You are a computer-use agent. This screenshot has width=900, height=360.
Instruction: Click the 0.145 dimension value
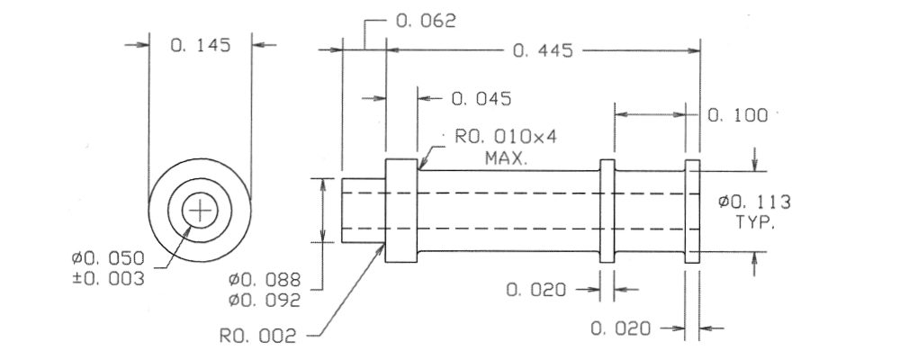(201, 45)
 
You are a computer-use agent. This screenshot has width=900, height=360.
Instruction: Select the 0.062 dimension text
(426, 22)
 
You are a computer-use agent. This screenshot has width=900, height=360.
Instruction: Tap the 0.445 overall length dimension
(543, 51)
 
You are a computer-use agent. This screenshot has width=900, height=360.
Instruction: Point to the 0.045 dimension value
(481, 99)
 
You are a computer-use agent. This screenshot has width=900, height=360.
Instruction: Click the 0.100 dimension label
(738, 115)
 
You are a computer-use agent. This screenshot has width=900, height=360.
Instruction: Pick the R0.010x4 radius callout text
(506, 137)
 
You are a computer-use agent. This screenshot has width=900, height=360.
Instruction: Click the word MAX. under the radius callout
(506, 157)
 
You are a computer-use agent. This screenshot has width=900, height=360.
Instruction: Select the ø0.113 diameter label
(755, 202)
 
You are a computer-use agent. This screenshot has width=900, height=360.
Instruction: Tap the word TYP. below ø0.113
(755, 223)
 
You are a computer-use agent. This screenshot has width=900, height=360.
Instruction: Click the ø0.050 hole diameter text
(108, 257)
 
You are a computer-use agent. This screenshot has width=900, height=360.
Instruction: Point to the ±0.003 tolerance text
(108, 279)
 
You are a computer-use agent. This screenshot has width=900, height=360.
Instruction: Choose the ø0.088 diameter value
(264, 280)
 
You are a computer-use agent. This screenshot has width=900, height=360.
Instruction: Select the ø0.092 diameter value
(264, 301)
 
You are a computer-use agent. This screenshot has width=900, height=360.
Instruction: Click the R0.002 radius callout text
(258, 336)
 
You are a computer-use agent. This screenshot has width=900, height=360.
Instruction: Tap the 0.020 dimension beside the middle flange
(536, 290)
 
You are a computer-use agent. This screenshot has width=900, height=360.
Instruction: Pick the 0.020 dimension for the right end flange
(621, 329)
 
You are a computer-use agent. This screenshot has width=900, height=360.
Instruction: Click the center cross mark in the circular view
(200, 211)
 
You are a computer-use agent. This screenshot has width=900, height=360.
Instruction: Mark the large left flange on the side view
(401, 211)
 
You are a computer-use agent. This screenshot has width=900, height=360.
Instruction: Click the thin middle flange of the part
(607, 211)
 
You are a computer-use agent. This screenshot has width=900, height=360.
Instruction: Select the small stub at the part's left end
(364, 211)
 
